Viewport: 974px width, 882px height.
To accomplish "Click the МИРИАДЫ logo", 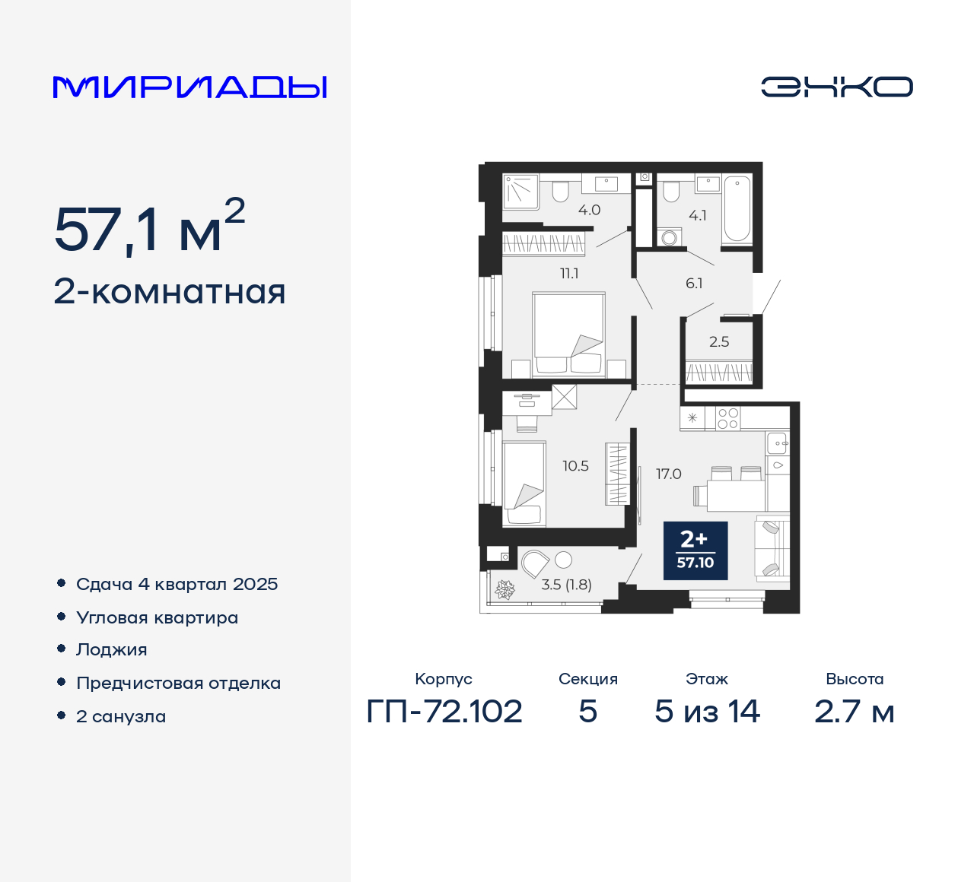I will tap(189, 87).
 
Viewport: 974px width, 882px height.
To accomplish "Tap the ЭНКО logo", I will tap(836, 87).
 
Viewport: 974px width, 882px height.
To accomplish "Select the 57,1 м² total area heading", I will tap(149, 228).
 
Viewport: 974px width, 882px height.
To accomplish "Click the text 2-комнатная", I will tap(170, 292).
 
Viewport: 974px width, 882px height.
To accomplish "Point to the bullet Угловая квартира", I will tap(157, 617).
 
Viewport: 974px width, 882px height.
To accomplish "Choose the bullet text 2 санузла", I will tap(121, 716).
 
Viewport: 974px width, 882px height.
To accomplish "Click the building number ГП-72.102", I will tap(444, 712).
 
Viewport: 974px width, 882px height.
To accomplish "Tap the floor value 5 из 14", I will tap(707, 712).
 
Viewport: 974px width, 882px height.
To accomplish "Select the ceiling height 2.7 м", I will tap(854, 712).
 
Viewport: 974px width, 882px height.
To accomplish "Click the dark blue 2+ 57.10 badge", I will tap(695, 550).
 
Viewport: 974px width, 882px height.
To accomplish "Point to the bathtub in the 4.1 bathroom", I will tap(737, 208).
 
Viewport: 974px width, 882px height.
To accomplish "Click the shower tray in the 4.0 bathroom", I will tap(521, 192).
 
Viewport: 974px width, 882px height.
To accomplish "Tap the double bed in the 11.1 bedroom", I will tap(569, 335).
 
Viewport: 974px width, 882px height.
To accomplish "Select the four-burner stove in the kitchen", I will tap(727, 418).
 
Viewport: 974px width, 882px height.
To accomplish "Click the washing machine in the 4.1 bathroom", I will tap(669, 238).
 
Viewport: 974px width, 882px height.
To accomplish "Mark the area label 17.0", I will tap(669, 474).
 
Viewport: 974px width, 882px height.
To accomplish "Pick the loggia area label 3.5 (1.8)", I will tap(566, 585).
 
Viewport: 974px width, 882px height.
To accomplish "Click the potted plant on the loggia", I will tap(505, 589).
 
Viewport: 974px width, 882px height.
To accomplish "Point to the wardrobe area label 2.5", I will tap(719, 341).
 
